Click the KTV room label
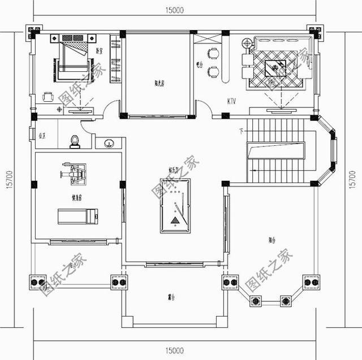click(231, 102)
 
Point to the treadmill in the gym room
click(78, 215)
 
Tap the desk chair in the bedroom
click(49, 97)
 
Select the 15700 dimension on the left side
click(8, 181)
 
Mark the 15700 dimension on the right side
click(354, 181)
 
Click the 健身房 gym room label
click(77, 198)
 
